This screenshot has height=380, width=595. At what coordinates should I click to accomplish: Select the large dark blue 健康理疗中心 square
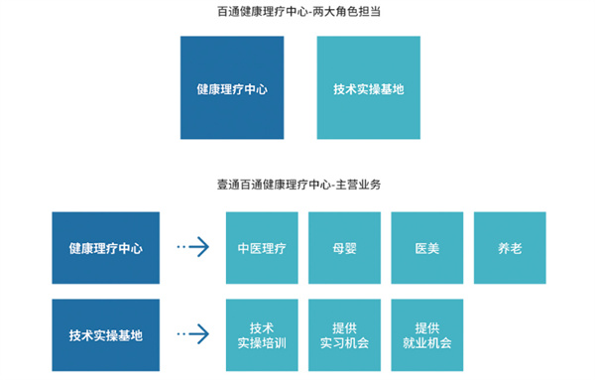tap(231, 88)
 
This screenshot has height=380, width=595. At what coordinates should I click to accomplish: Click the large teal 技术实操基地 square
tap(368, 88)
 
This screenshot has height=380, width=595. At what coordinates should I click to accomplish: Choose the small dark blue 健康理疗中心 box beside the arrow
tap(105, 248)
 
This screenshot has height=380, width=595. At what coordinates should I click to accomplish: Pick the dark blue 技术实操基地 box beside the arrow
tap(105, 335)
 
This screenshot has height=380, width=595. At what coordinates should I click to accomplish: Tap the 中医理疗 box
tap(262, 248)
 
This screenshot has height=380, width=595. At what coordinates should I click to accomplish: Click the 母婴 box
tap(344, 248)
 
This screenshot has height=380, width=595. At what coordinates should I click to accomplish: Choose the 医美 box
tap(426, 248)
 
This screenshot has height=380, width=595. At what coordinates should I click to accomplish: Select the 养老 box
tap(509, 248)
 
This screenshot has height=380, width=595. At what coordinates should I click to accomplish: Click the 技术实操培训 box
tap(262, 335)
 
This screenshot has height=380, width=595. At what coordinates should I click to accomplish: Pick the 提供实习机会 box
tap(344, 335)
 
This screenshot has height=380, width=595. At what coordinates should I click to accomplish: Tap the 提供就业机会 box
tap(426, 335)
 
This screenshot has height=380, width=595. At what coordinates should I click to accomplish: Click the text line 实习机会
tap(344, 343)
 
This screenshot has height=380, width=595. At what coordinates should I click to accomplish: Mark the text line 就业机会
tap(426, 343)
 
